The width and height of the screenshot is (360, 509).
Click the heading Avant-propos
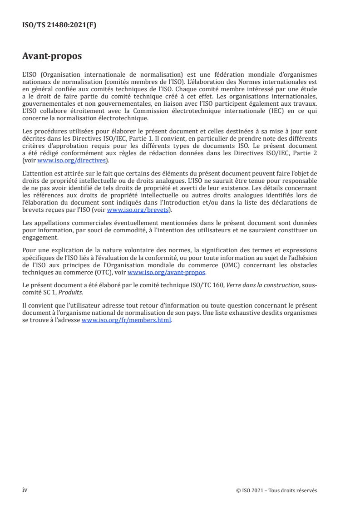[x=52, y=57]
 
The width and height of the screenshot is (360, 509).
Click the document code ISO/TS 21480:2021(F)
[x=59, y=25]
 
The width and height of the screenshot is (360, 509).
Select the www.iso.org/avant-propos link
[x=167, y=273]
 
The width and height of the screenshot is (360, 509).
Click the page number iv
[x=25, y=489]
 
